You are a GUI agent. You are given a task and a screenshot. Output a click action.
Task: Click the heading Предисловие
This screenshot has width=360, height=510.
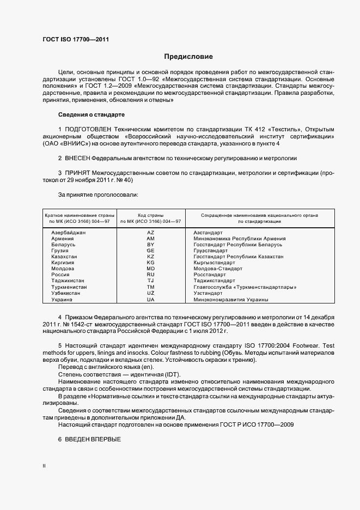click(189, 57)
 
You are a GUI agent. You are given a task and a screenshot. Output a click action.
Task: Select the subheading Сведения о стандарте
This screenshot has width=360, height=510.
click(91, 115)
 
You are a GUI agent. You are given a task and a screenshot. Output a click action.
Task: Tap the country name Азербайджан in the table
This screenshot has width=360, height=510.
click(69, 233)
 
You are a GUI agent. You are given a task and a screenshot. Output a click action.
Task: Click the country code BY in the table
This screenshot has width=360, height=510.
click(151, 245)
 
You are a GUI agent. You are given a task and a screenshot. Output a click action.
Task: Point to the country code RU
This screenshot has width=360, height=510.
click(151, 275)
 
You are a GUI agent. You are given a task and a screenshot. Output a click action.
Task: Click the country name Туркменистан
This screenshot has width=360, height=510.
click(70, 287)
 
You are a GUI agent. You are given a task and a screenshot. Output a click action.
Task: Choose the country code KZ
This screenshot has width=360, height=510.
click(151, 257)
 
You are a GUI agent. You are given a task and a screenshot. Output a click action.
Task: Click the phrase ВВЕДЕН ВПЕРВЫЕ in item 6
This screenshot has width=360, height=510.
click(89, 439)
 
